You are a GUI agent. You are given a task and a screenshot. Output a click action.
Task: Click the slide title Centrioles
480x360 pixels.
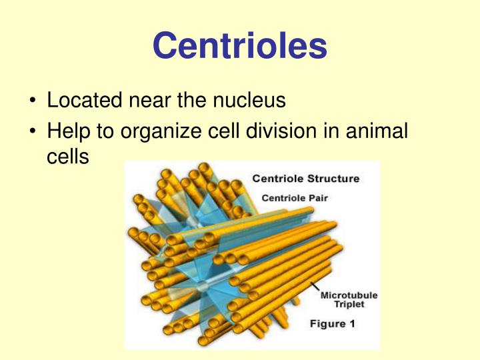click(240, 45)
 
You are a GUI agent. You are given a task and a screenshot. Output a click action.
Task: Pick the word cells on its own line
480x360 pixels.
click(67, 158)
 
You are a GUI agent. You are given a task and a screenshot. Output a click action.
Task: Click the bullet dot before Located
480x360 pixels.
click(33, 101)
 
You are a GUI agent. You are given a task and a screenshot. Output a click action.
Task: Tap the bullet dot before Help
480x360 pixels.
click(33, 132)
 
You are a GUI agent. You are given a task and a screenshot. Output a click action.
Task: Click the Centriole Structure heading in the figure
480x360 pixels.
click(305, 178)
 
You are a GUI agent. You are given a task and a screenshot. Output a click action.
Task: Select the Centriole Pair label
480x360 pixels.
click(295, 197)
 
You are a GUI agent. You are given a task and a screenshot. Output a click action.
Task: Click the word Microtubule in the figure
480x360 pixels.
click(349, 295)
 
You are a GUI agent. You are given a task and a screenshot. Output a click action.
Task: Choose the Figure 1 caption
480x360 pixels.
click(337, 324)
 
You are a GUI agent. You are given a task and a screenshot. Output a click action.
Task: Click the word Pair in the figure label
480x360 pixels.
click(317, 197)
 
